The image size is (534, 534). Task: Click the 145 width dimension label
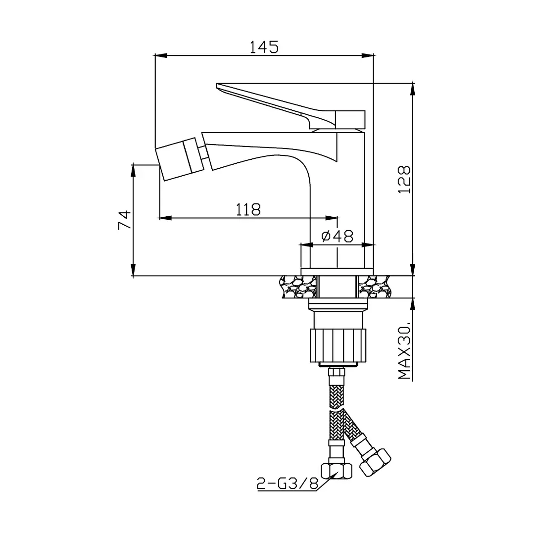[264, 47]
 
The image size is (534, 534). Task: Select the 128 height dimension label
[405, 180]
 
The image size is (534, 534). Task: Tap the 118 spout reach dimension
[248, 209]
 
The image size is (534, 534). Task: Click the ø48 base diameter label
[337, 236]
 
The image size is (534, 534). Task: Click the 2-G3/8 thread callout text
[288, 483]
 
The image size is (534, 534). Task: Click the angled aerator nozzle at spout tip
[180, 159]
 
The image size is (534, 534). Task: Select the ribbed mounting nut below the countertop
[338, 345]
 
